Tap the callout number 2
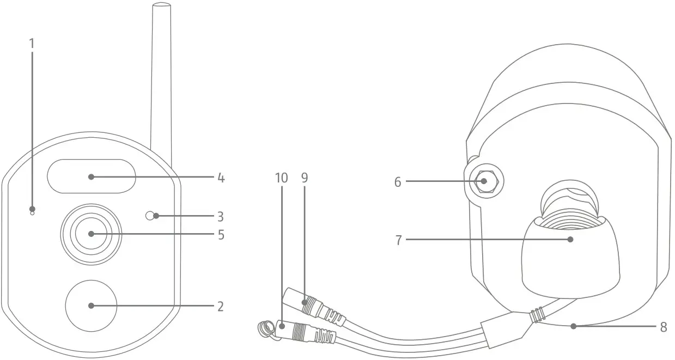pyautogui.click(x=220, y=306)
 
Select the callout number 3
pyautogui.click(x=220, y=217)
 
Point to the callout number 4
pyautogui.click(x=220, y=178)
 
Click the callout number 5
pyautogui.click(x=220, y=235)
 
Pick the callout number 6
pyautogui.click(x=398, y=182)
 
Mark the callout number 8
pyautogui.click(x=663, y=327)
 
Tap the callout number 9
pyautogui.click(x=305, y=178)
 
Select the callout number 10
pyautogui.click(x=281, y=178)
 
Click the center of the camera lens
pyautogui.click(x=91, y=234)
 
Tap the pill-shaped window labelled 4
pyautogui.click(x=91, y=176)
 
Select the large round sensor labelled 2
pyautogui.click(x=91, y=306)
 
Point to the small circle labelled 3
pyautogui.click(x=150, y=216)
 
